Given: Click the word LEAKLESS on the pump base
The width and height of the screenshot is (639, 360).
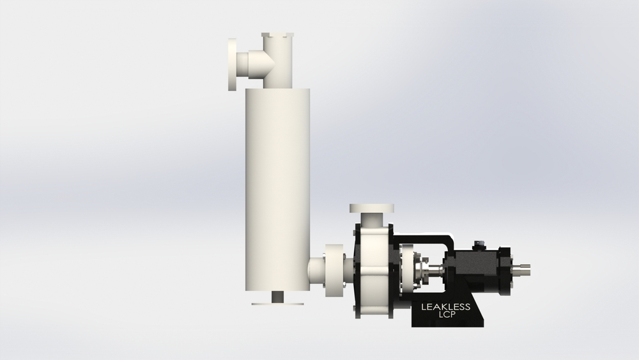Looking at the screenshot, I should click(x=445, y=307).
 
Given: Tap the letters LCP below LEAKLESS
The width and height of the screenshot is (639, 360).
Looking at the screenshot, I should click(x=445, y=315).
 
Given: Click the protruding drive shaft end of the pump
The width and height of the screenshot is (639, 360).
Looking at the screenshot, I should click(x=522, y=265).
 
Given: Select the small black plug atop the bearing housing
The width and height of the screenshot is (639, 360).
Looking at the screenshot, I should click(x=479, y=244).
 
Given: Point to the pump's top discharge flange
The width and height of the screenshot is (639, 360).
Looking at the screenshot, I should click(x=371, y=208).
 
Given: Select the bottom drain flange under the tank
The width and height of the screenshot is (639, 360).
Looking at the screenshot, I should click(x=277, y=303).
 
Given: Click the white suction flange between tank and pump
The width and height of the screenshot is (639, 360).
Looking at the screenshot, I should click(x=334, y=270).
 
